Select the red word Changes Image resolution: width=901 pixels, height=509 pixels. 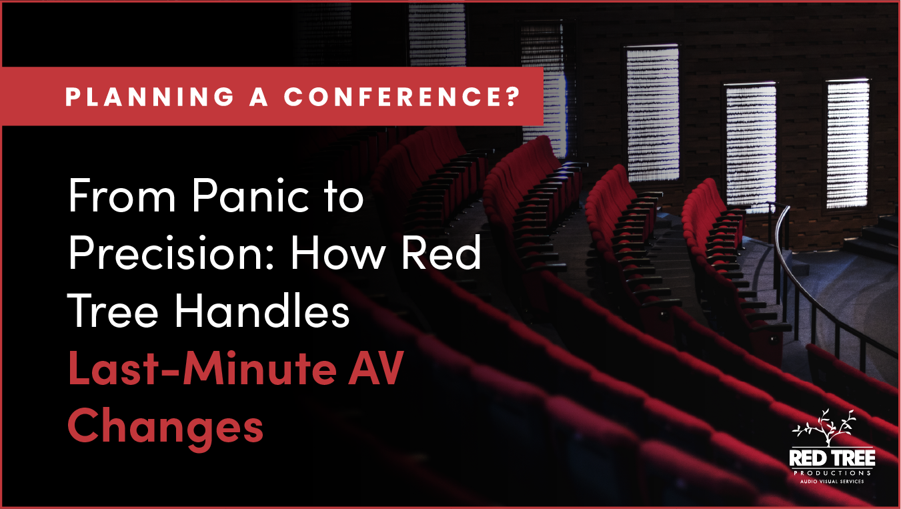(165, 427)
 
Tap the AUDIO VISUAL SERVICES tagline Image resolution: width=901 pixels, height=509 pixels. (832, 481)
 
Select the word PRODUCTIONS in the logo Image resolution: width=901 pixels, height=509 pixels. (832, 472)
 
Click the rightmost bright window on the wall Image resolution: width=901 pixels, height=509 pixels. (848, 143)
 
